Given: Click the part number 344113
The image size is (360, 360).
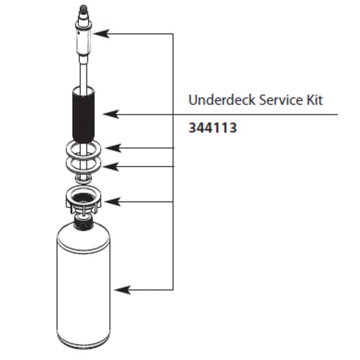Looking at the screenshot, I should (212, 128).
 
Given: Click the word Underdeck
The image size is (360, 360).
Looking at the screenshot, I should (222, 100).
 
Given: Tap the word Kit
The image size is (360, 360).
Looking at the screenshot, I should (314, 100).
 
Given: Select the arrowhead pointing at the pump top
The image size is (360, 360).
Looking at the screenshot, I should (102, 34).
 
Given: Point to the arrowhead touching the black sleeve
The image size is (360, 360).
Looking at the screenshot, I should (110, 114).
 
